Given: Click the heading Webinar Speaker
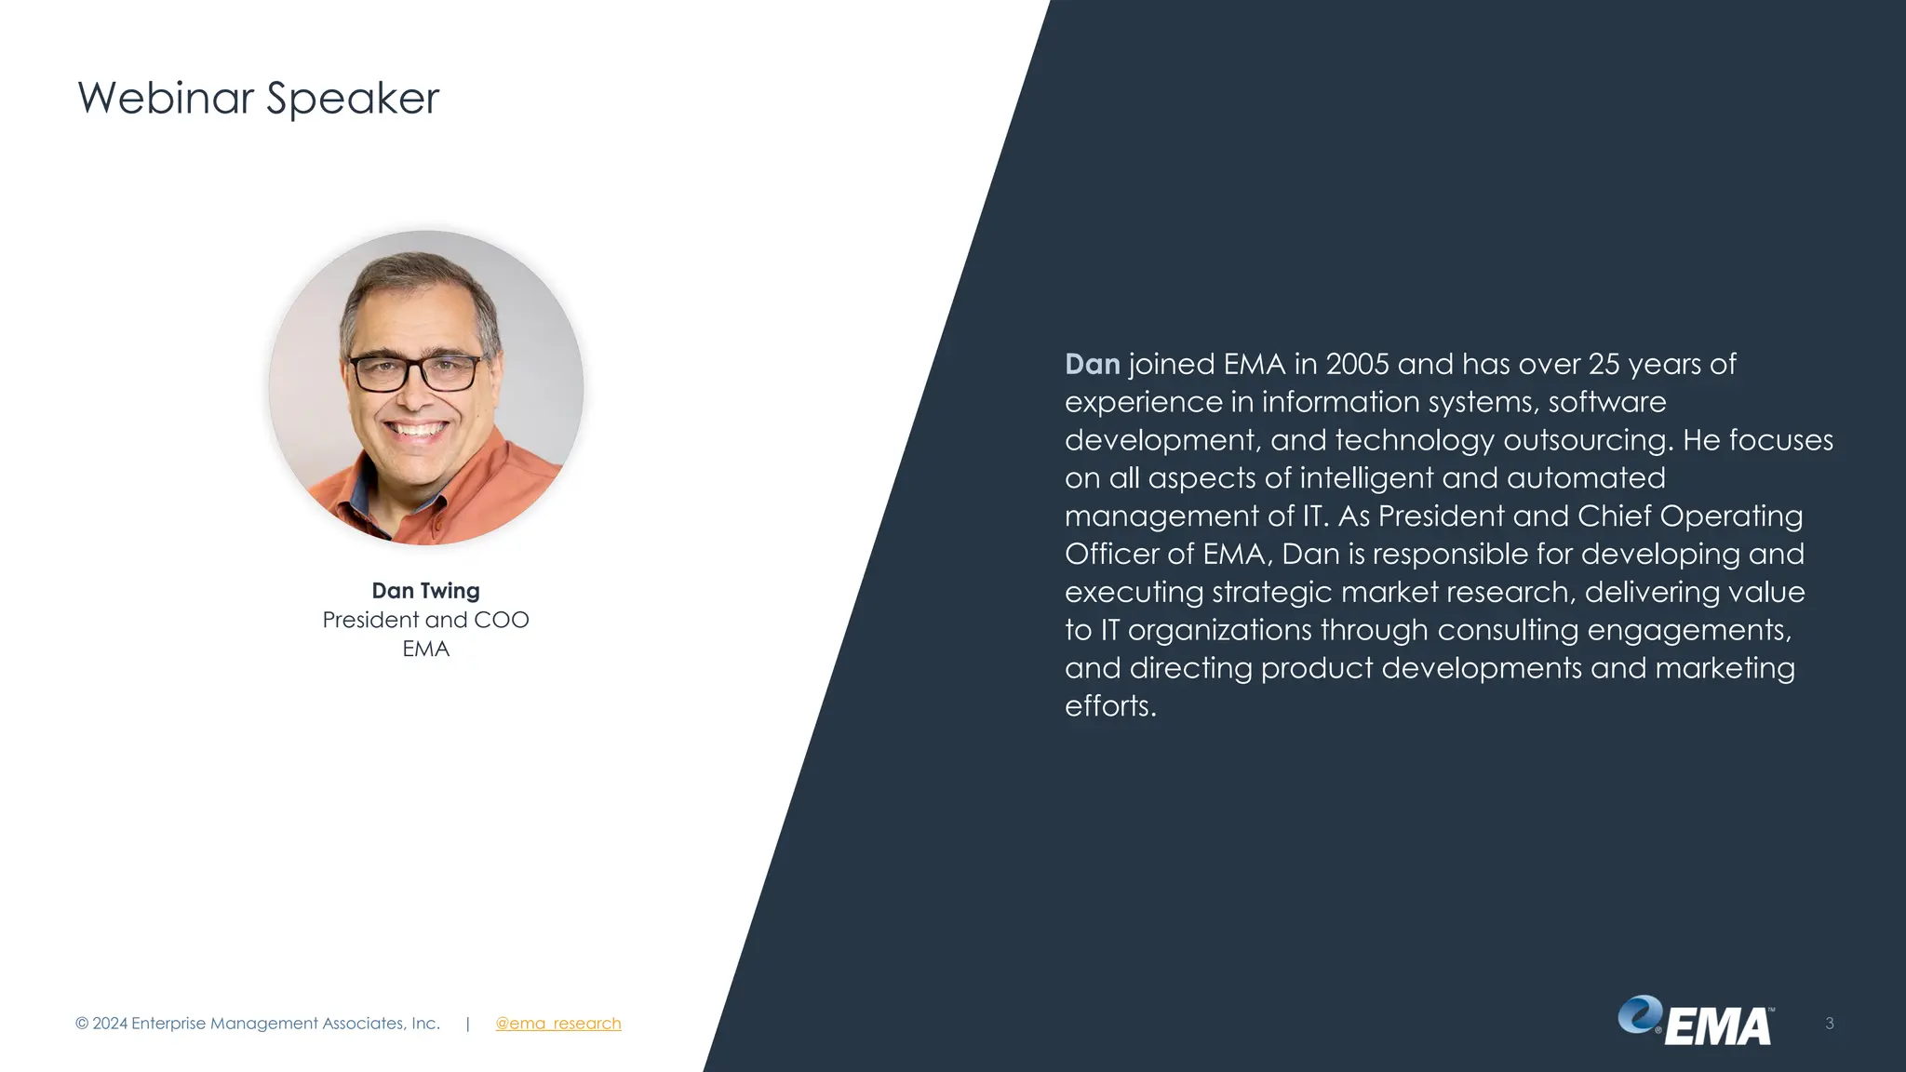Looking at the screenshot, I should coord(258,98).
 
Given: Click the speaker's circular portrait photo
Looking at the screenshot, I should coord(426,387).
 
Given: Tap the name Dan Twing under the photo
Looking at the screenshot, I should coord(425,591).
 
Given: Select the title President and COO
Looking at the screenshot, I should coord(425,620).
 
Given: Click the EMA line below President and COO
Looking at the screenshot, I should coord(425,649).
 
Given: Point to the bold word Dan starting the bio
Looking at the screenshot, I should coord(1092,364).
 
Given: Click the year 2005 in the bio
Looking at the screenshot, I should coord(1357,364).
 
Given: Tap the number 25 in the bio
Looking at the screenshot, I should coord(1604,364).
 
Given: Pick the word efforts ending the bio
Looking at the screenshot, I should coord(1109,706).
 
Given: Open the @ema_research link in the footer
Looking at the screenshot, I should coord(557,1024).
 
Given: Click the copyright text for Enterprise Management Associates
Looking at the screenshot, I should coord(257,1024).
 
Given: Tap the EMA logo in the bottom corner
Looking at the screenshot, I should coord(1696,1022).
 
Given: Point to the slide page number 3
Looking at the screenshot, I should coord(1829,1024).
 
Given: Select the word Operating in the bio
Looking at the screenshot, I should coord(1731,516).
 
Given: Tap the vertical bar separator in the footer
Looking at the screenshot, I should coord(467,1024).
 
